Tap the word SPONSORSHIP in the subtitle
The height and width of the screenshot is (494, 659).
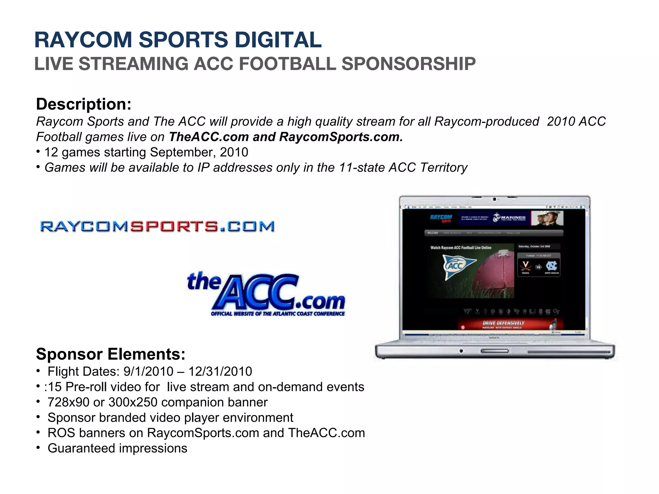(x=408, y=64)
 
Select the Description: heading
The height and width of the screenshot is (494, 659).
(x=84, y=104)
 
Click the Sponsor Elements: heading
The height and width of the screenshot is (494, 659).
(x=111, y=354)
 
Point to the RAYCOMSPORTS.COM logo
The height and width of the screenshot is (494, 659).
(x=157, y=226)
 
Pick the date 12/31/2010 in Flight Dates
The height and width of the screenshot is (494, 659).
(x=220, y=371)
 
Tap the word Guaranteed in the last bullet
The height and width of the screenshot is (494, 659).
(x=82, y=448)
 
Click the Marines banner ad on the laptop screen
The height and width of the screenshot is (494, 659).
(x=510, y=218)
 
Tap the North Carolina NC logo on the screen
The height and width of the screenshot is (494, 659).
(x=552, y=266)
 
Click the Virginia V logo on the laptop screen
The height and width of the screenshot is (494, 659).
(x=525, y=266)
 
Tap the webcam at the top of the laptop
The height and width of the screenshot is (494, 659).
(x=495, y=199)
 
